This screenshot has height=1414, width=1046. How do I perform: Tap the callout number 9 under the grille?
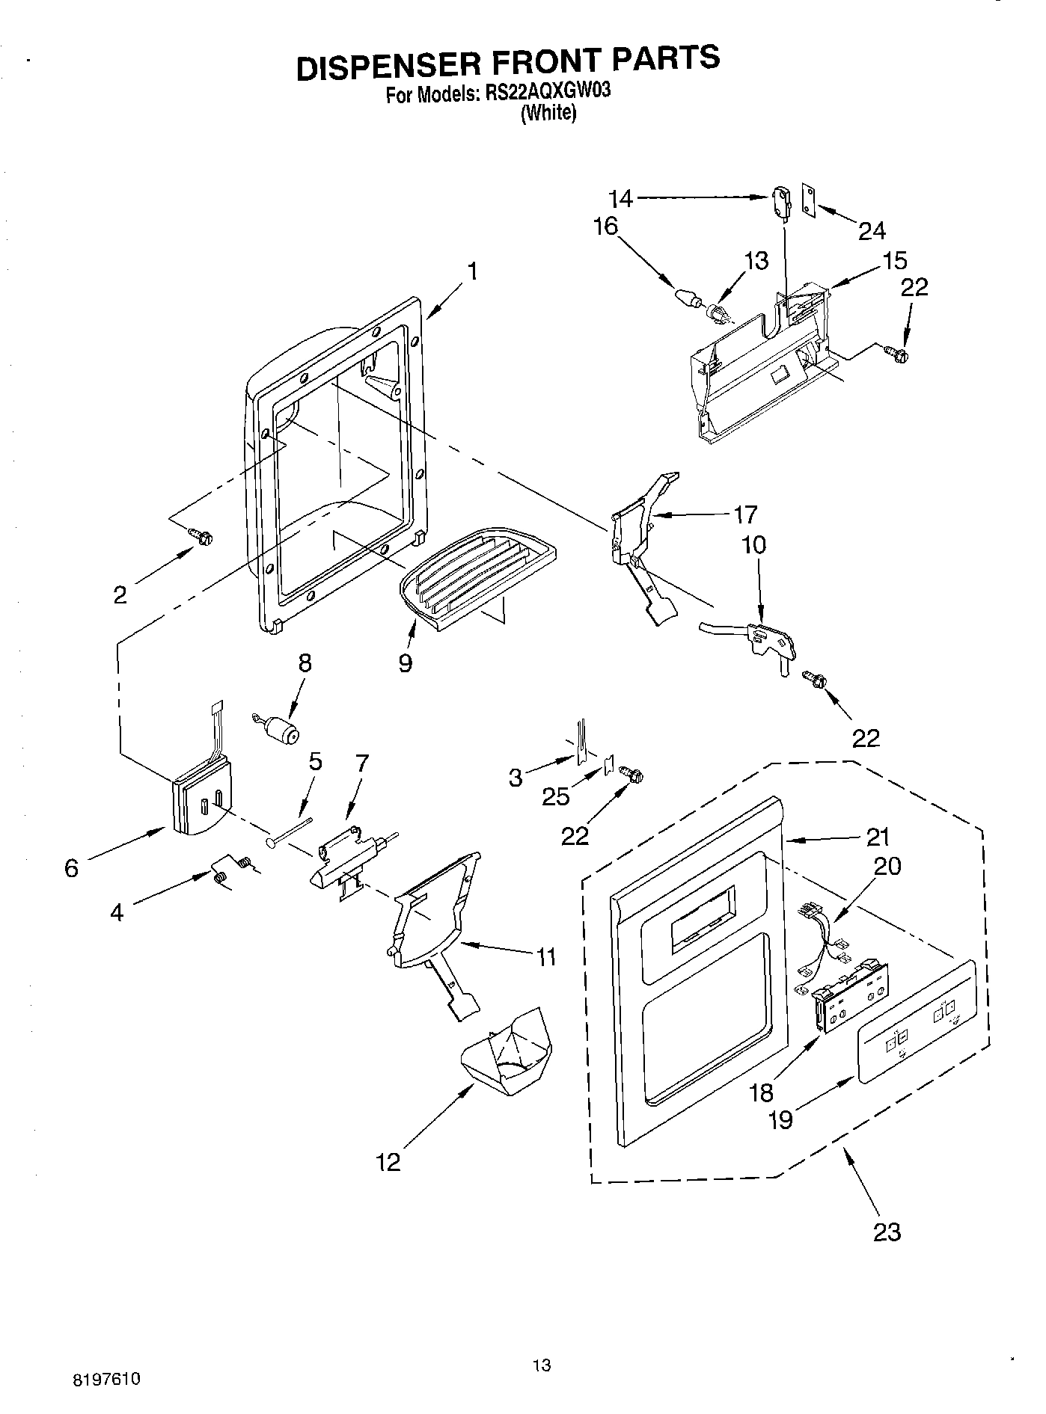click(x=405, y=663)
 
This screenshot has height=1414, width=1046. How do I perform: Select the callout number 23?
click(x=887, y=1231)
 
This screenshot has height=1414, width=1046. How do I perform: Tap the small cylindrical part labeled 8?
click(x=280, y=728)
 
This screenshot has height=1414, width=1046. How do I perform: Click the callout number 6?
click(x=71, y=868)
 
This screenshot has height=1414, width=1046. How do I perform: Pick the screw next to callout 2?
click(x=201, y=535)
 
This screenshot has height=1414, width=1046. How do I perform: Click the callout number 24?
click(x=872, y=231)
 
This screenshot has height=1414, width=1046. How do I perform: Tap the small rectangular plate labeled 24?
click(x=809, y=199)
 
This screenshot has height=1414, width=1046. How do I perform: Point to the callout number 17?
click(x=745, y=514)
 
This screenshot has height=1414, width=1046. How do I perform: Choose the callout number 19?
click(x=780, y=1120)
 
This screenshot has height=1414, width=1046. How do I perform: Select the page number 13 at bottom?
click(x=542, y=1365)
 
